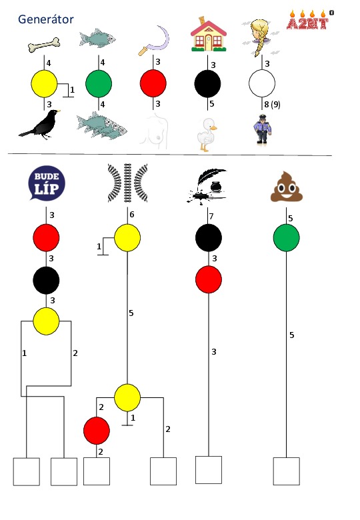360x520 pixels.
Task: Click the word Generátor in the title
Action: [46, 19]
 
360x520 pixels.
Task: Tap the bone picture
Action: [44, 45]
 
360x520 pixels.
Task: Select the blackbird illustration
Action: [40, 125]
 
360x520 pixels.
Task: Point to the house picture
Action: [209, 34]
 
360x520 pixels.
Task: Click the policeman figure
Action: [262, 129]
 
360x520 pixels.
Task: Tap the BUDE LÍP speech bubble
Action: [47, 183]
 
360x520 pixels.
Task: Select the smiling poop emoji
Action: [287, 187]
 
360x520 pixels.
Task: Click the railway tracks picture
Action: [127, 183]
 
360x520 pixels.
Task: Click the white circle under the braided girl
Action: [262, 83]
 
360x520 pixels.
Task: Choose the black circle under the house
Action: [207, 83]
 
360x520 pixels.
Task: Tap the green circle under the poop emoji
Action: [287, 238]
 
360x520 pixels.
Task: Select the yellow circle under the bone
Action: [44, 83]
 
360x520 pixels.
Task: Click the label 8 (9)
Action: [272, 105]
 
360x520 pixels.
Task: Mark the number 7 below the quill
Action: [211, 216]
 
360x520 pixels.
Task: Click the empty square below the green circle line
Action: [287, 471]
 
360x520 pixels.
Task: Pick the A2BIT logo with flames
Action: [310, 20]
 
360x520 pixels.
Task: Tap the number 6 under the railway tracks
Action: [131, 215]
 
